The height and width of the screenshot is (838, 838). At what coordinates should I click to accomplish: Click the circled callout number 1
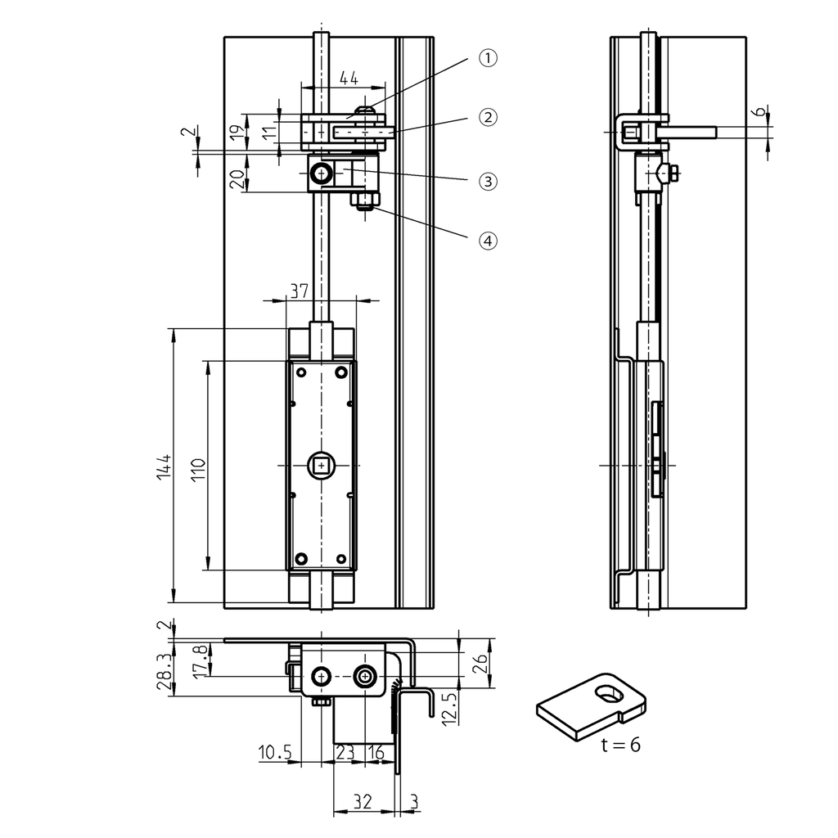pos(488,58)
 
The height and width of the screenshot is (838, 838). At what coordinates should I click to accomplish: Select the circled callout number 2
pos(488,117)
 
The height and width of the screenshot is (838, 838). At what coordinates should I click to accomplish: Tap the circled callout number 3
pos(488,181)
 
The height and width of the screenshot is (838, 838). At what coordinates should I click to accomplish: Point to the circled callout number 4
pos(488,241)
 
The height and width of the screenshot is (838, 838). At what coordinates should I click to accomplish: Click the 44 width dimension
pos(349,78)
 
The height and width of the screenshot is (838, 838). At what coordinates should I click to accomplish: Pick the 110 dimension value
pos(198,473)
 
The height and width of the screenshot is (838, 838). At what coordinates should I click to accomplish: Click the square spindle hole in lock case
pos(321,466)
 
